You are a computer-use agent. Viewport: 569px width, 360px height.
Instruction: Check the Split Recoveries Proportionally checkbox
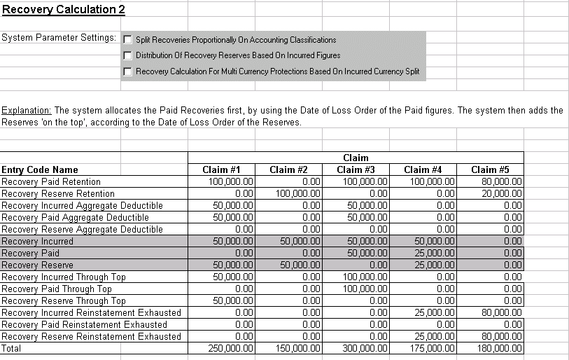[127, 40]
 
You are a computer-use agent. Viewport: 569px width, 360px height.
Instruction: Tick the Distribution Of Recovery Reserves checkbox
[127, 55]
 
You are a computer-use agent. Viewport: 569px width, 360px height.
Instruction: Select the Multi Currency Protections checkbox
[127, 71]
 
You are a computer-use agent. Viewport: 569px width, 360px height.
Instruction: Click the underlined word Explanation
[26, 111]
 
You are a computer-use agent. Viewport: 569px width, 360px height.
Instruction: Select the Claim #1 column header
[221, 169]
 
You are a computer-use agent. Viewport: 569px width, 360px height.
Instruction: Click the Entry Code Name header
[40, 169]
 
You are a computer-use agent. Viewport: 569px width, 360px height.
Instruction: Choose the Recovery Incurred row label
[37, 241]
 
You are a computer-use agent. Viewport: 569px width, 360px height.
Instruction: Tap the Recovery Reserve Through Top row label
[64, 300]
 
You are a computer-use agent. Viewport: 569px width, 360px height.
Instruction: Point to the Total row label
[11, 348]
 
